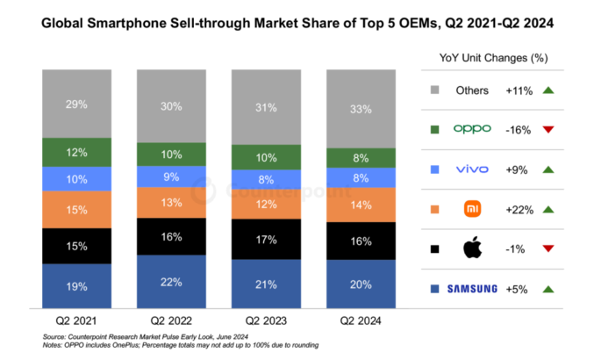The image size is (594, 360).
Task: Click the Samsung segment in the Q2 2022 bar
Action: click(x=171, y=282)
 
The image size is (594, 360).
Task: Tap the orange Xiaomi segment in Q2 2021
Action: click(x=76, y=211)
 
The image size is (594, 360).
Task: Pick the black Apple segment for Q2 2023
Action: click(x=265, y=240)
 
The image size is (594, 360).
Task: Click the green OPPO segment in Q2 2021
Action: click(x=76, y=153)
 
